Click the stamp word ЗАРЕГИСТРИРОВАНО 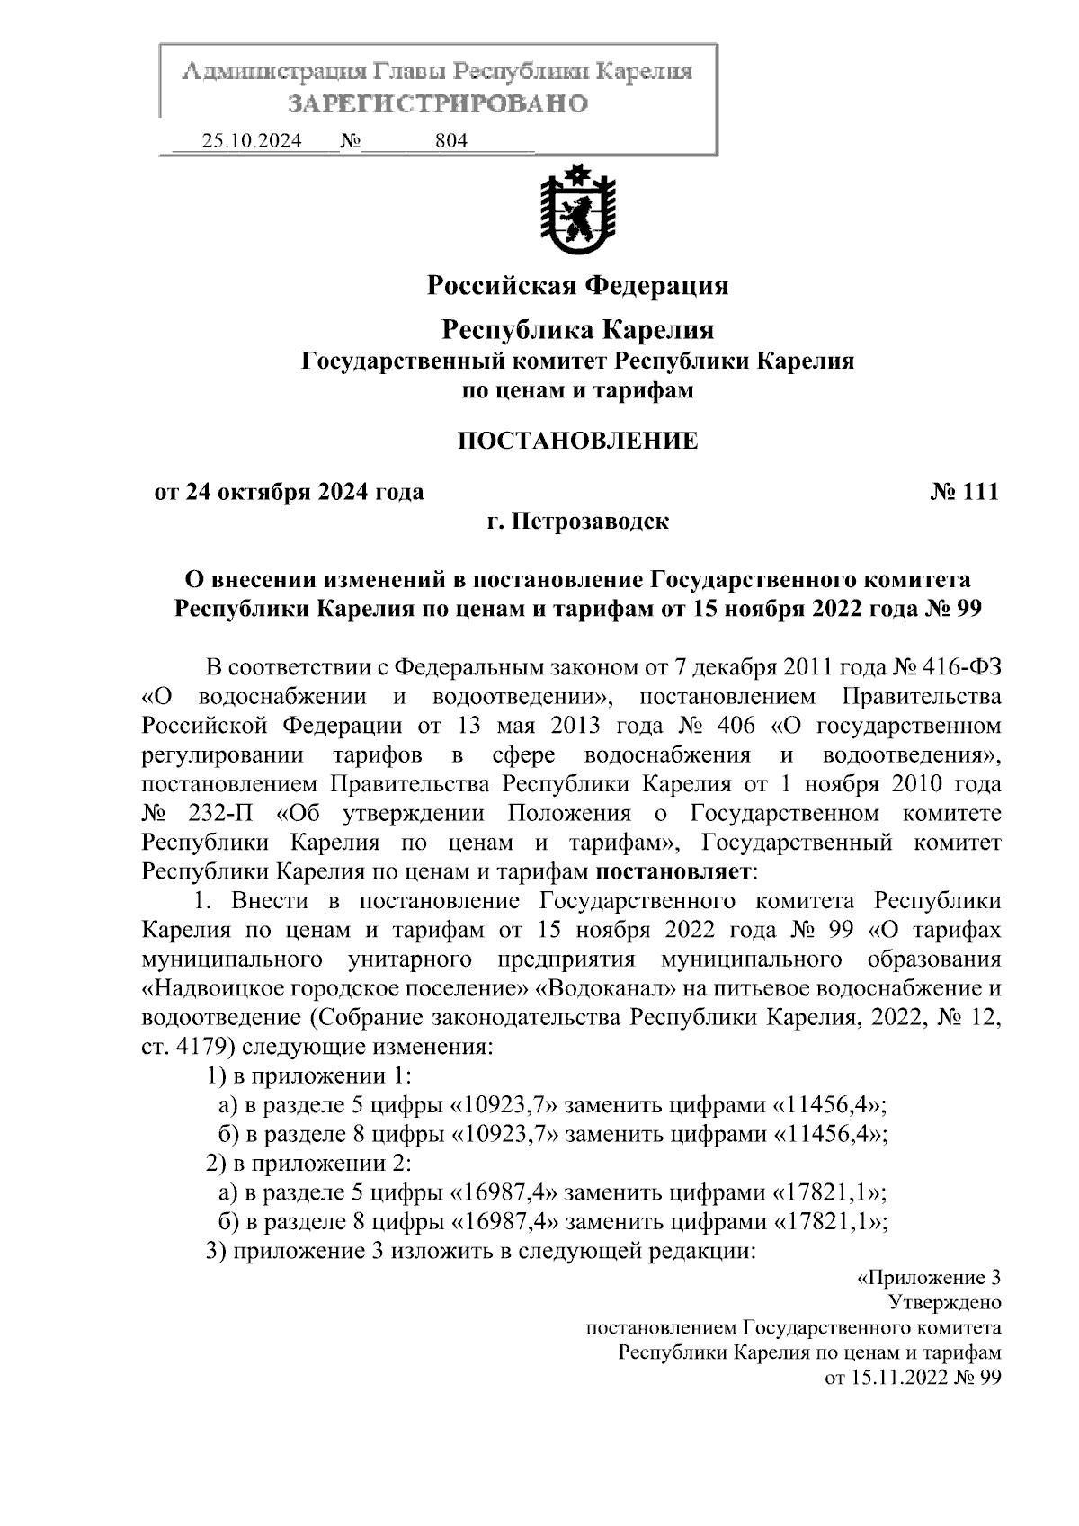pos(438,103)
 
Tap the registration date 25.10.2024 pos(252,141)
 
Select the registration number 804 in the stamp pos(450,141)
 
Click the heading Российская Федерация pos(577,286)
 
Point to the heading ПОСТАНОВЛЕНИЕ pos(577,441)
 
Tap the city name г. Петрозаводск pos(577,522)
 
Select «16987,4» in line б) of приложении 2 pos(503,1221)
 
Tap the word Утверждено pos(944,1302)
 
